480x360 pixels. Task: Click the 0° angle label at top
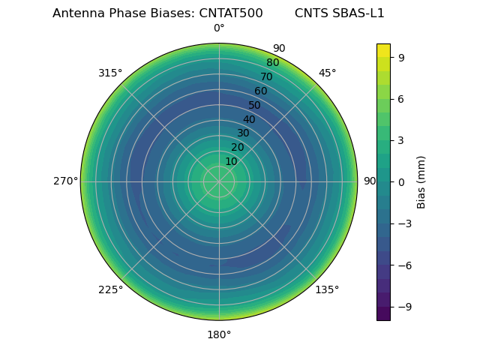pos(219,28)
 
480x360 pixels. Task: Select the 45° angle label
pos(327,73)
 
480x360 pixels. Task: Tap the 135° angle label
pos(327,289)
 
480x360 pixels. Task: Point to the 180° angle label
pos(219,334)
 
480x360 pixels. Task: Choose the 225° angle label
pos(110,289)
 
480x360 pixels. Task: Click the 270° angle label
pos(65,181)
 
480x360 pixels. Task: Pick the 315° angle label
pos(110,73)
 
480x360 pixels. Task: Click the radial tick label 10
pos(231,161)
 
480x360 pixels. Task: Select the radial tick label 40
pos(249,119)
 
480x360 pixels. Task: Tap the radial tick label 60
pos(260,91)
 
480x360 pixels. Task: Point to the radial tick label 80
pos(272,63)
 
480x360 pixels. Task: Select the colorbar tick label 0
pos(401,182)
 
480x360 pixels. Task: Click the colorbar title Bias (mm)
pos(421,182)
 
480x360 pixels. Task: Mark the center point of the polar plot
pos(219,181)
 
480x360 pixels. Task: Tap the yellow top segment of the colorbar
pos(383,50)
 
